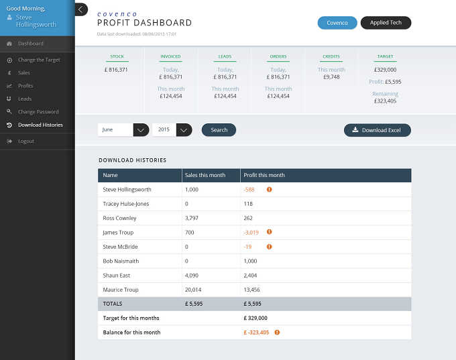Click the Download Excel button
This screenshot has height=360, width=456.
tap(377, 130)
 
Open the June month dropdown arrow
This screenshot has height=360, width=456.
tap(141, 130)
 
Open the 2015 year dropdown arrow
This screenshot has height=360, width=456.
tap(184, 130)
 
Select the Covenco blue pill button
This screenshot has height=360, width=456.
tap(337, 23)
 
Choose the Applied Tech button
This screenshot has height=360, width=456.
tap(386, 23)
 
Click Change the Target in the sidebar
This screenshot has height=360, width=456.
tap(39, 60)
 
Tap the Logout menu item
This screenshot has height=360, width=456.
tap(26, 141)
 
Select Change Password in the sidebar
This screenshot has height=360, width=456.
tap(38, 112)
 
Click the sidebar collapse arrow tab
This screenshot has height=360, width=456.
tap(81, 9)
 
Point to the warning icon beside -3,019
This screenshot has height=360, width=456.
tap(270, 232)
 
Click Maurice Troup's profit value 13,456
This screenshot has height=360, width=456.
tap(251, 290)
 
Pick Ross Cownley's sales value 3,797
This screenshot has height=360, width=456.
tap(192, 218)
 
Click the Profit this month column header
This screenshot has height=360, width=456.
tap(264, 175)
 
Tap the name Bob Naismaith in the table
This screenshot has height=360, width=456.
tap(121, 261)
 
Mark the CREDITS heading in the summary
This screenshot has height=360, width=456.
tap(331, 56)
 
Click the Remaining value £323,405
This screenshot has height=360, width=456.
tap(385, 101)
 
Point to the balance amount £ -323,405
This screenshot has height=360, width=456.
tap(256, 333)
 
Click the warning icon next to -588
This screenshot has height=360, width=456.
tap(270, 189)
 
